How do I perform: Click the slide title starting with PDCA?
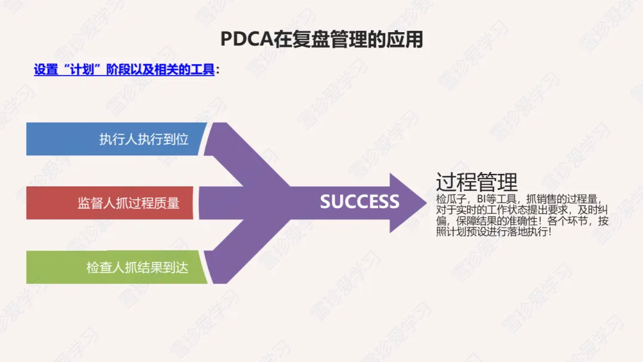pos(321,39)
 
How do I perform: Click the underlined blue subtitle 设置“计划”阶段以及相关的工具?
pos(124,70)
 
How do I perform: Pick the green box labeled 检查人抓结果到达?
pos(116,267)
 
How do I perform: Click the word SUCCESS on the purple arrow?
pos(360,202)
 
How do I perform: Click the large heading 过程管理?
pos(477,182)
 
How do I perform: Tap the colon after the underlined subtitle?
pos(218,70)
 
